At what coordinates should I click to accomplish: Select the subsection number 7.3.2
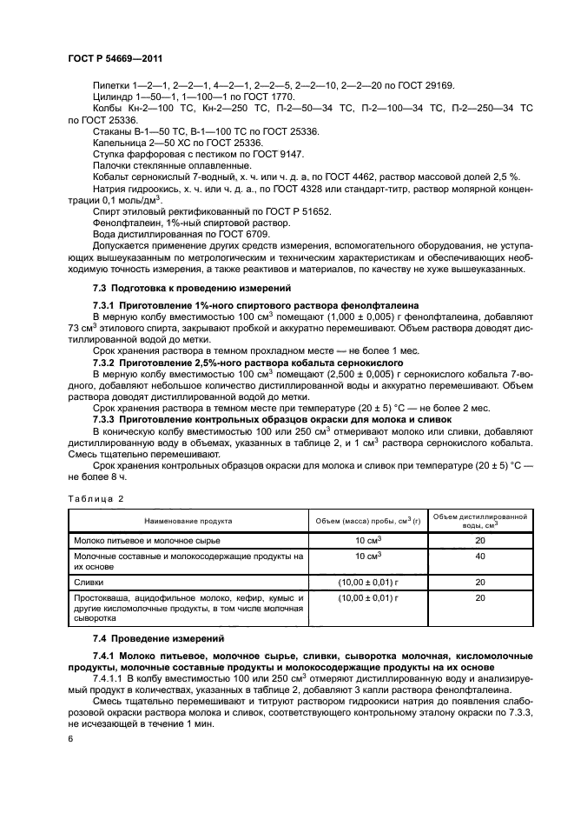[107, 360]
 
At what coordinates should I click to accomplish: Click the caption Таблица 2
[95, 499]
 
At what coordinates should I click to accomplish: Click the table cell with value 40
[479, 556]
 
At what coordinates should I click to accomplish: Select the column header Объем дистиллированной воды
[479, 521]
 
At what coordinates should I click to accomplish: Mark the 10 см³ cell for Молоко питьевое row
[366, 540]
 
